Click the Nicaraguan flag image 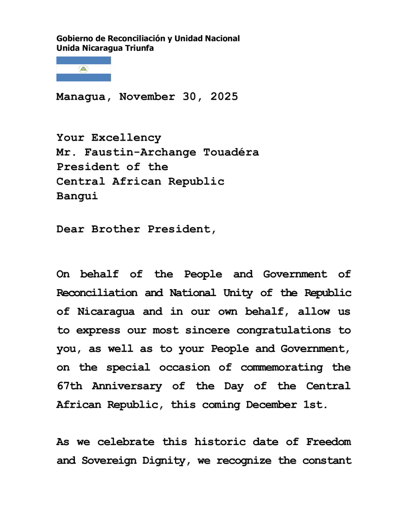[x=83, y=69]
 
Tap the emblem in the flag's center [x=83, y=69]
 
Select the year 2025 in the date [x=224, y=97]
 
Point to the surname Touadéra [x=231, y=152]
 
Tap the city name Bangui [x=77, y=196]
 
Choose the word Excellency [x=126, y=138]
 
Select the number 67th [x=69, y=386]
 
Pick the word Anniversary [x=127, y=386]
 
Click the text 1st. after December [x=316, y=405]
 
